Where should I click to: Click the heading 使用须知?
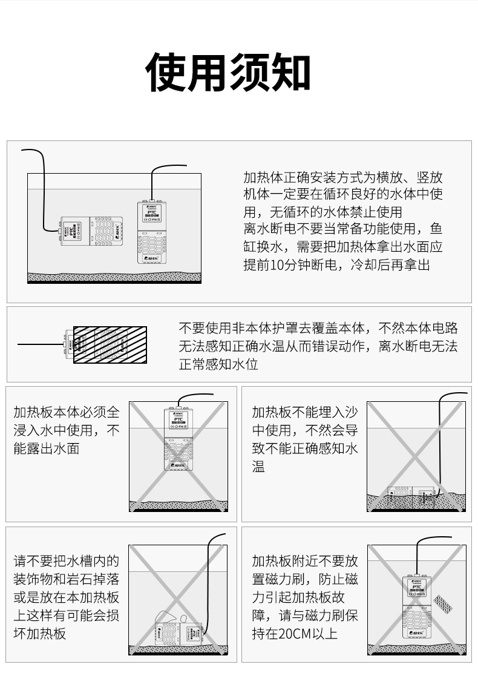pos(228,73)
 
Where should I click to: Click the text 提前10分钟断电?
pos(292,265)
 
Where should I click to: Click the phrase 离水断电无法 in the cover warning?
pos(418,346)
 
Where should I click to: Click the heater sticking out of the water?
pos(179,438)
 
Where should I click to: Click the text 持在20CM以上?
pos(295,633)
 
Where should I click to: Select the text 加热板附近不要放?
pos(305,560)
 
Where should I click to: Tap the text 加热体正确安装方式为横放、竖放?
pos(342,178)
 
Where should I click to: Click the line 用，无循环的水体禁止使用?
pos(322,212)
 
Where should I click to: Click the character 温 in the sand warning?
pos(258,467)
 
